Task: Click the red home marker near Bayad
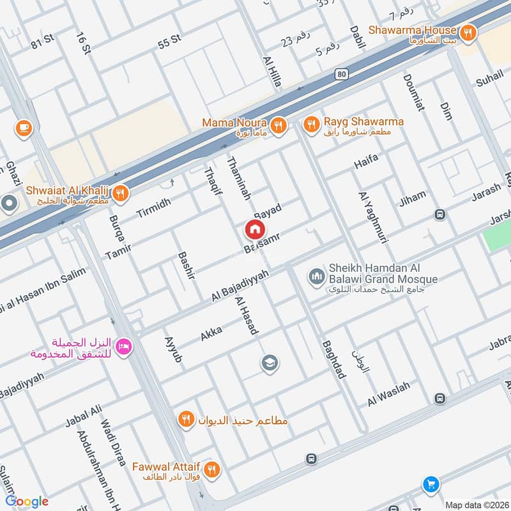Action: [254, 229]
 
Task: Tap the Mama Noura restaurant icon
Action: [278, 126]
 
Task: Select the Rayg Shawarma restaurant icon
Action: [311, 125]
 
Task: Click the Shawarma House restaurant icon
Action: [469, 32]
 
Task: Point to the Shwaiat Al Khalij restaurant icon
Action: [121, 192]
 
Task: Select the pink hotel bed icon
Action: [124, 346]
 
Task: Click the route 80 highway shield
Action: [342, 74]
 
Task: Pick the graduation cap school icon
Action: [270, 363]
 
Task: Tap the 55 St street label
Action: [170, 42]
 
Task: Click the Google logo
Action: [27, 501]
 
